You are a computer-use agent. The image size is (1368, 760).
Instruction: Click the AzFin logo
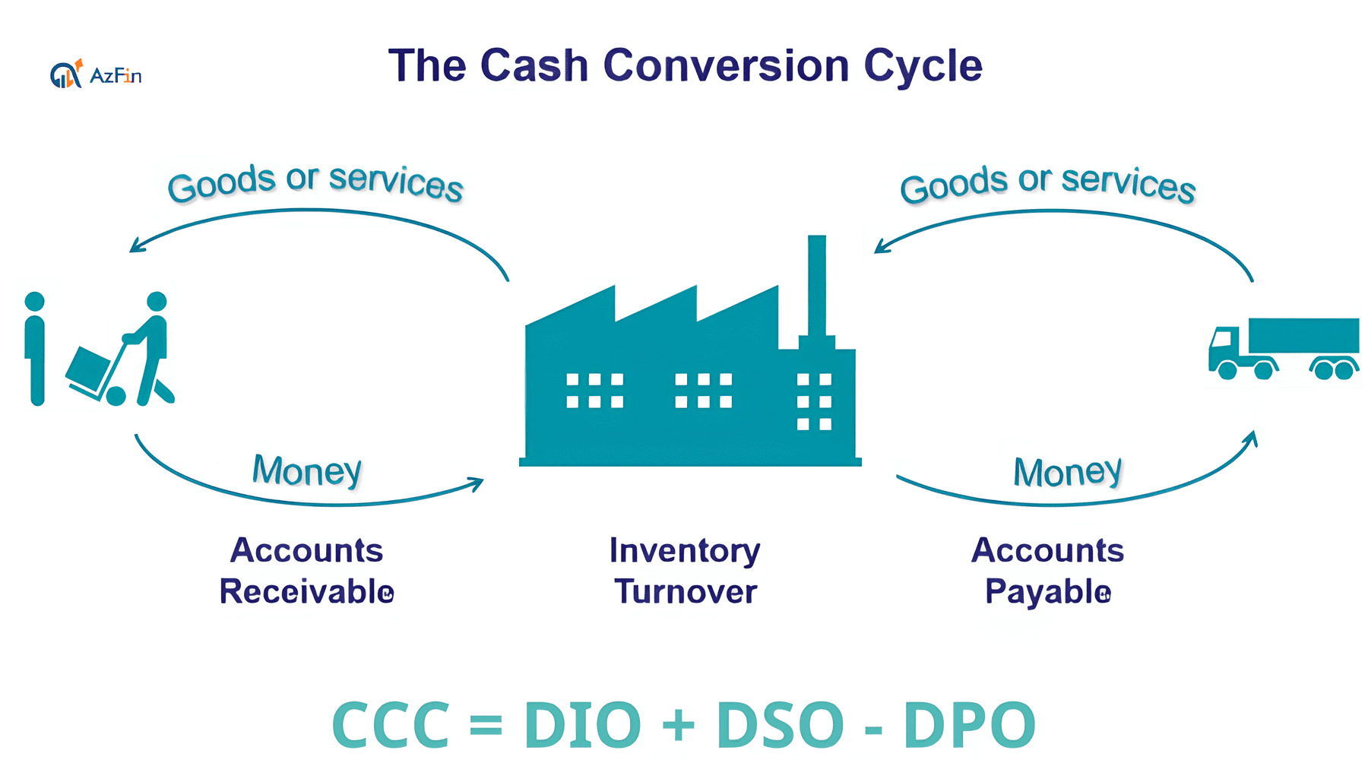click(96, 74)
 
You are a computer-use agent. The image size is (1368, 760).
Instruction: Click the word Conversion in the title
click(726, 65)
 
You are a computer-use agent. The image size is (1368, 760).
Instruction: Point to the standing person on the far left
click(35, 348)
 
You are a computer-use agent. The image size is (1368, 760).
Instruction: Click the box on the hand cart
click(88, 368)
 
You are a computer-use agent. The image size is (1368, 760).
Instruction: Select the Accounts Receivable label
click(306, 571)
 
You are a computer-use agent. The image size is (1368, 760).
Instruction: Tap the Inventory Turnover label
click(685, 571)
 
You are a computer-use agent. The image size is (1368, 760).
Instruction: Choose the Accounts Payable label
click(1047, 571)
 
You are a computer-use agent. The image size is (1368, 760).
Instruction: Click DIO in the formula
click(583, 724)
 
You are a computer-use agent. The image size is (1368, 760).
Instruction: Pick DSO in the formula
click(780, 724)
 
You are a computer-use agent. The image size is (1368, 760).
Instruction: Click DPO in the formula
click(970, 724)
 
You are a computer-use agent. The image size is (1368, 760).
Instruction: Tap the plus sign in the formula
click(679, 724)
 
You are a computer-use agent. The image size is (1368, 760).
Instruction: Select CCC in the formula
click(391, 724)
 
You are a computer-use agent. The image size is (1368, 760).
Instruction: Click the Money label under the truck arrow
click(1068, 472)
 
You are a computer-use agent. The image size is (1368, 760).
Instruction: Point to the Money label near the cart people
click(307, 470)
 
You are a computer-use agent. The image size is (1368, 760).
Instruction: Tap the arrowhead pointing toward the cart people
click(136, 245)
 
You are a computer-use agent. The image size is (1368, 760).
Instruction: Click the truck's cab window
click(1223, 339)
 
